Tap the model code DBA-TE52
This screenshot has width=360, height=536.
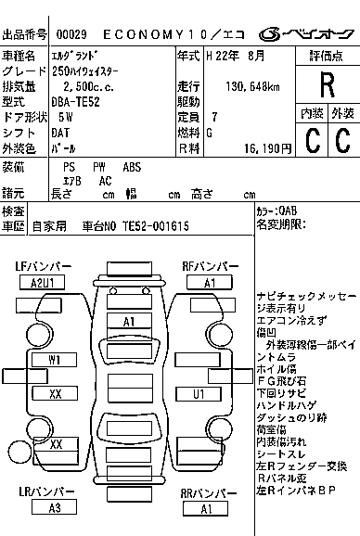tap(76, 102)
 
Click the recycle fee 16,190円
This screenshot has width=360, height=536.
tap(266, 148)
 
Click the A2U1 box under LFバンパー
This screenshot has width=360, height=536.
tap(43, 283)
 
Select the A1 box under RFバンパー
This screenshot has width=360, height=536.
tap(210, 283)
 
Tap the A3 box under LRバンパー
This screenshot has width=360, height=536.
tap(55, 508)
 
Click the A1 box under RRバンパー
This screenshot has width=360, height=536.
tap(206, 508)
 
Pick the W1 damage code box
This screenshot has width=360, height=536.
tap(55, 359)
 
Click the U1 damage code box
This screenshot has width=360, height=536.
tap(198, 394)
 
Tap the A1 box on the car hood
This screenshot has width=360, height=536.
tap(130, 321)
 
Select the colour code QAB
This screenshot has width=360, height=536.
tap(289, 211)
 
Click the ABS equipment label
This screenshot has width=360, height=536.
tap(133, 167)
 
